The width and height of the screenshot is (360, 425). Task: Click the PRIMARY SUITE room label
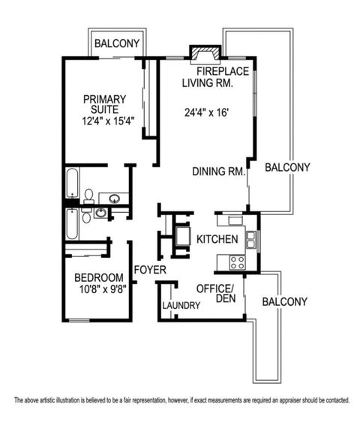(105, 104)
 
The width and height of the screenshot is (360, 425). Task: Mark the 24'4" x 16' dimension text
(206, 114)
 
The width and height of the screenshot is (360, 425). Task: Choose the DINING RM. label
(219, 171)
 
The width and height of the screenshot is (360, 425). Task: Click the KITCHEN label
(217, 240)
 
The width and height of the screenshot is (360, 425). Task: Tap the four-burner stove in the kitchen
(238, 262)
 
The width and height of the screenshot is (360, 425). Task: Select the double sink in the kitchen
(251, 239)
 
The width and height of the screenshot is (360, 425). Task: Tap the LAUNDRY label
(181, 306)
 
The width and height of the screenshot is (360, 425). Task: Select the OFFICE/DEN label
(216, 292)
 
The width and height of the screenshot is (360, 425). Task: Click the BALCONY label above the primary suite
(116, 43)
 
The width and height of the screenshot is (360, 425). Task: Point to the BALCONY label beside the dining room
(287, 168)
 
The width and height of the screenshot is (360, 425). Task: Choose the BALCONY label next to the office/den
(284, 302)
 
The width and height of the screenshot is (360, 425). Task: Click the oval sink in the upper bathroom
(115, 199)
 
